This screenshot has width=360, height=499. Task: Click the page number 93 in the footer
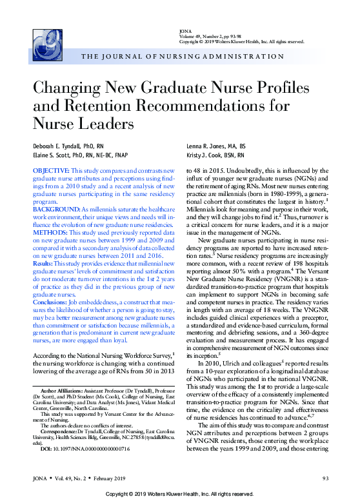click(x=325, y=478)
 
